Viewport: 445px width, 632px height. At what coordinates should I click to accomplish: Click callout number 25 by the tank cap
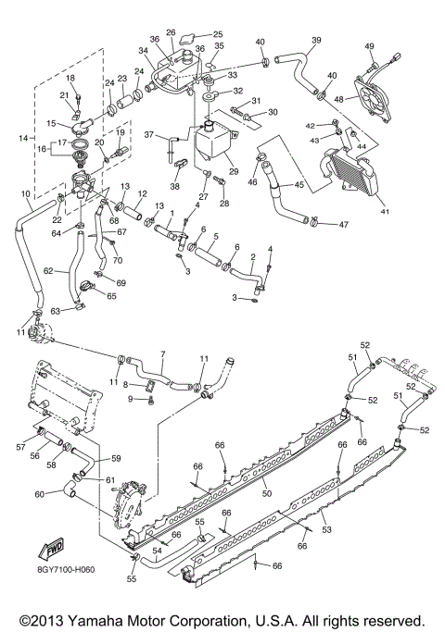coord(218,34)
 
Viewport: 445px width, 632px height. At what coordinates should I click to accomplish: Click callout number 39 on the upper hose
coord(316,41)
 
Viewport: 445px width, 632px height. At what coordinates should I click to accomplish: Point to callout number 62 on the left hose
coord(58,273)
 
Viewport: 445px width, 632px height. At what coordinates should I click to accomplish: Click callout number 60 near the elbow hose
coord(38,494)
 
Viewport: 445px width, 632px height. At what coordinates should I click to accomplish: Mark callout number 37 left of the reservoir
coord(148,135)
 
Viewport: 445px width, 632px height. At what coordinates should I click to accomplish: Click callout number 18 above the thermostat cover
coord(70,79)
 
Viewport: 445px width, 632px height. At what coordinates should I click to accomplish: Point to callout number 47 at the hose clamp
coord(343,224)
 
